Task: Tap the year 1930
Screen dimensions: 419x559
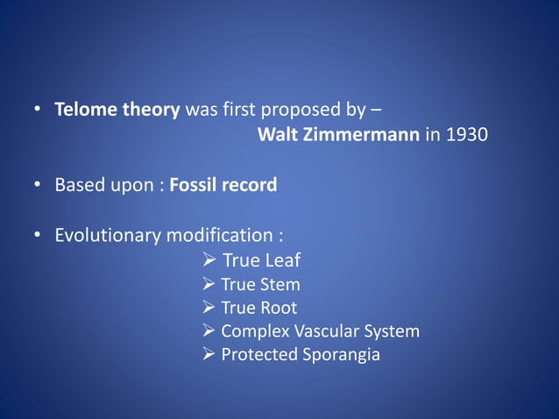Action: [468, 136]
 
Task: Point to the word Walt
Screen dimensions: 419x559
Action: [278, 136]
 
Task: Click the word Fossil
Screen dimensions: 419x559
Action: [193, 185]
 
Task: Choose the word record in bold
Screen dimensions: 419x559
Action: [249, 185]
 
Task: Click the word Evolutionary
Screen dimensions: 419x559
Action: [108, 235]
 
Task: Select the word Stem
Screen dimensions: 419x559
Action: [281, 284]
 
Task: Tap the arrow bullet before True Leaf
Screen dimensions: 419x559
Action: [209, 260]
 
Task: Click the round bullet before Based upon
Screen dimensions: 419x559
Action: [38, 186]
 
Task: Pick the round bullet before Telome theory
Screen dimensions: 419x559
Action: [38, 111]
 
